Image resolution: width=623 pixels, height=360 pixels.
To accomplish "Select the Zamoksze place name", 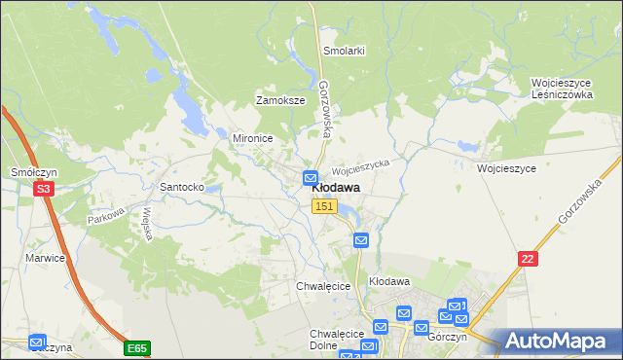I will point(280,100).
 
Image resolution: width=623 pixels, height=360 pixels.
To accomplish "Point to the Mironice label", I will point(251,138).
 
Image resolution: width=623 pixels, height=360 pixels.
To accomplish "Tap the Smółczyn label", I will point(30,171).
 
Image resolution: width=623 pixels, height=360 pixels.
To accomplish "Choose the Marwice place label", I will point(46,258).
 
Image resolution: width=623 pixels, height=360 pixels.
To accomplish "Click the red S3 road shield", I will point(43,190).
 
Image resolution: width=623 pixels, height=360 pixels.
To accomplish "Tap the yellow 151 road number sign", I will point(325,206).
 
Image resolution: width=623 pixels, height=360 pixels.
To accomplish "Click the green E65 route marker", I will point(137,346).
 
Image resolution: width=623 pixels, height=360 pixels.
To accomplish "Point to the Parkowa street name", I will point(107,219).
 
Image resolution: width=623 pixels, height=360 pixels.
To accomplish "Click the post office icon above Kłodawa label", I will point(311,177).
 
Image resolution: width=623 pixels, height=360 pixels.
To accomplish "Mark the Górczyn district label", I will point(447,337).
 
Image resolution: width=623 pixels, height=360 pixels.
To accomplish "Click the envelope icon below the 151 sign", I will point(360,240).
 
